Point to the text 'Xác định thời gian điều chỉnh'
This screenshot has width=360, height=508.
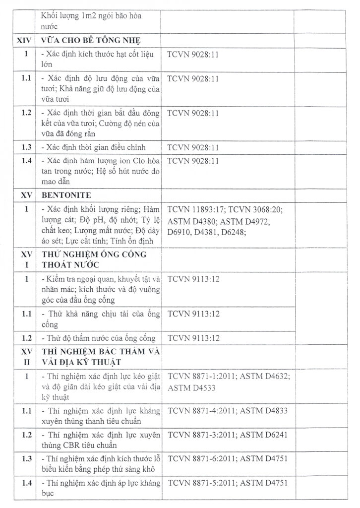[x=94, y=147]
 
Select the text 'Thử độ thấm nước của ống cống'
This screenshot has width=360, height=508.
[x=99, y=339]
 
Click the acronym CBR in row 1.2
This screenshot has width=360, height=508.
[x=63, y=445]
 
